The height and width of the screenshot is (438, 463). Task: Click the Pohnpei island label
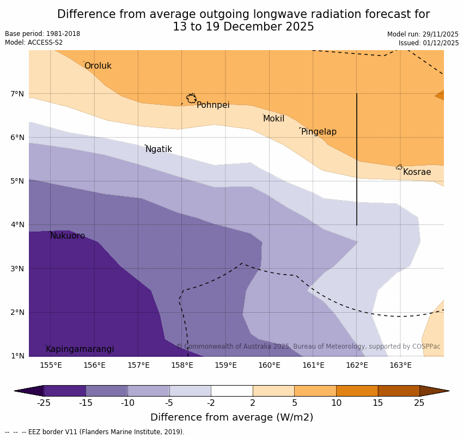click(213, 105)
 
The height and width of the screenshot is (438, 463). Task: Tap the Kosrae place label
click(417, 172)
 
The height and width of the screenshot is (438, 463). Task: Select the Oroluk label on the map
click(98, 66)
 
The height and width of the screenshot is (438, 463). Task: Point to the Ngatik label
click(159, 149)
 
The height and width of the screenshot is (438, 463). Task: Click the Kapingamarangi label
click(80, 349)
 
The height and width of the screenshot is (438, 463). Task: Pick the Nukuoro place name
click(68, 236)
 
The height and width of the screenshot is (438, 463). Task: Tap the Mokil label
click(273, 119)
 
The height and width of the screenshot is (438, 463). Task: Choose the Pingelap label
click(319, 132)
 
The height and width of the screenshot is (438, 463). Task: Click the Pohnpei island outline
click(191, 99)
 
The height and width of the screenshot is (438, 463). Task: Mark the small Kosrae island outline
click(399, 167)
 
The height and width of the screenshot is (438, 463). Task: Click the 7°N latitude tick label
click(17, 94)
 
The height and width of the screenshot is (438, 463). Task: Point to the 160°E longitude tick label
click(269, 365)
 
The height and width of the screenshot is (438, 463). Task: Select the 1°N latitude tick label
click(17, 356)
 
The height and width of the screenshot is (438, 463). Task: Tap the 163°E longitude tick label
click(400, 365)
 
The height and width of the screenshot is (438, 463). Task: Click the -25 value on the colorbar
click(44, 403)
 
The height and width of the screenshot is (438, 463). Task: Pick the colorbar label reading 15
click(378, 403)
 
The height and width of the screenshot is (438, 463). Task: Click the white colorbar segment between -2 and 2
click(231, 391)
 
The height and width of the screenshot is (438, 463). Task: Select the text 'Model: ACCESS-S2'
click(34, 42)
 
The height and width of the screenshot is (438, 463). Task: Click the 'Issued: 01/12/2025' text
click(428, 43)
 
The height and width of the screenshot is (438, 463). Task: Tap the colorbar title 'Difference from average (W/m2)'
click(231, 418)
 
